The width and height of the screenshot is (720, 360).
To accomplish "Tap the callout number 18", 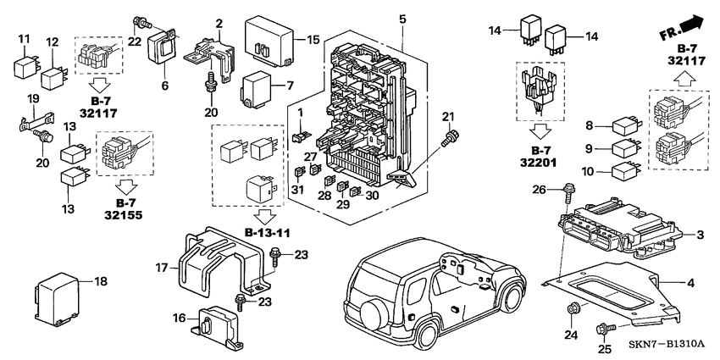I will coord(101,280).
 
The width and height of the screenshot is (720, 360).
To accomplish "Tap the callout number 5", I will coord(402,18).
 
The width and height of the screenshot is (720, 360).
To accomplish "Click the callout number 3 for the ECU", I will coord(700,234).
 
